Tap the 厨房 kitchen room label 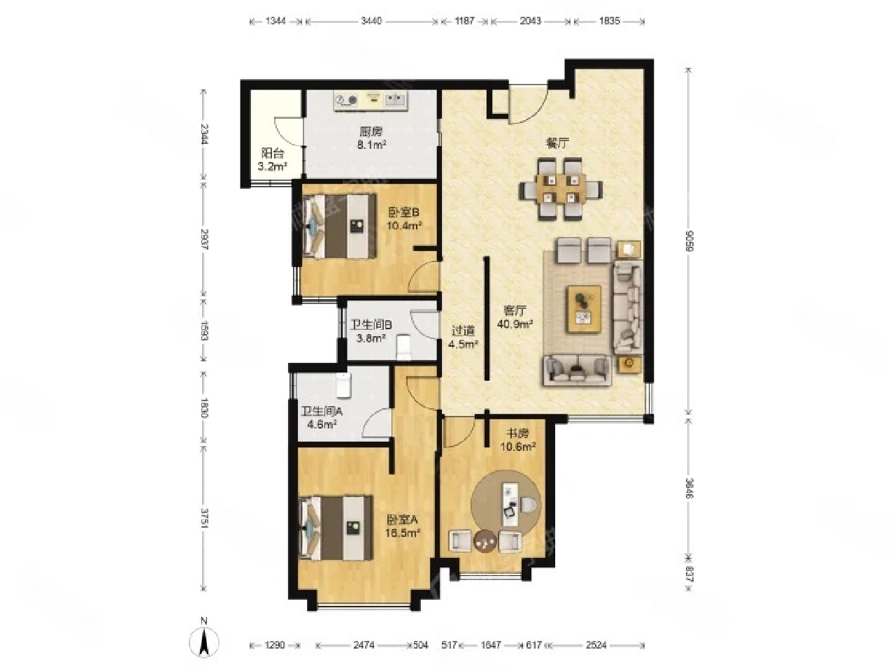coord(371,131)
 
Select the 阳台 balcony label coord(273,153)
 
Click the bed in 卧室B coord(339,226)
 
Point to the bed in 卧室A coord(336,528)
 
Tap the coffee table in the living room coord(584,308)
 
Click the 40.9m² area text coord(515,324)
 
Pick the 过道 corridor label coord(463,330)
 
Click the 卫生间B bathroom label coord(371,324)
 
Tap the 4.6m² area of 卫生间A coord(322,424)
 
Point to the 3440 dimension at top coord(371,21)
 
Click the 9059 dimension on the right coord(689,241)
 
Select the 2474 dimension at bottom coord(363,645)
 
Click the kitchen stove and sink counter coord(371,101)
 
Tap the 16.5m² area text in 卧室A coord(402,533)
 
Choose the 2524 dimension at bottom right coord(596,645)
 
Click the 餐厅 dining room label coord(557,143)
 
